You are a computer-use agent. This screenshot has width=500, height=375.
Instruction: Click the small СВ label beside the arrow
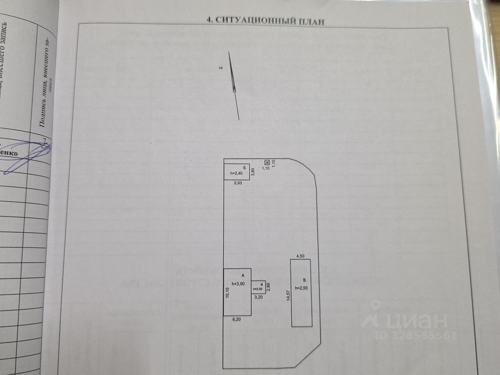pos(221,68)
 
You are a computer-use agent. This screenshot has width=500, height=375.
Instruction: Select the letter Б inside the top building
pos(245,167)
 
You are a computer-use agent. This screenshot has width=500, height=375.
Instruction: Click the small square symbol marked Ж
pos(267,163)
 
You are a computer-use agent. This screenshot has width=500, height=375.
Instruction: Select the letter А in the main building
pos(243,275)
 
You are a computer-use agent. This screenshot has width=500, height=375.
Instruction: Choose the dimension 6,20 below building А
pos(237,319)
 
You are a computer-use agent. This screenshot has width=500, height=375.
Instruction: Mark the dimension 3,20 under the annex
pos(258,297)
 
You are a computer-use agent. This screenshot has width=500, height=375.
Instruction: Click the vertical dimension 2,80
pos(268,287)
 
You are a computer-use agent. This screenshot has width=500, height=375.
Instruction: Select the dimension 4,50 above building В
pos(301,256)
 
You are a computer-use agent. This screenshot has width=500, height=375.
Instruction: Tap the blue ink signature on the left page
pos(26,155)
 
